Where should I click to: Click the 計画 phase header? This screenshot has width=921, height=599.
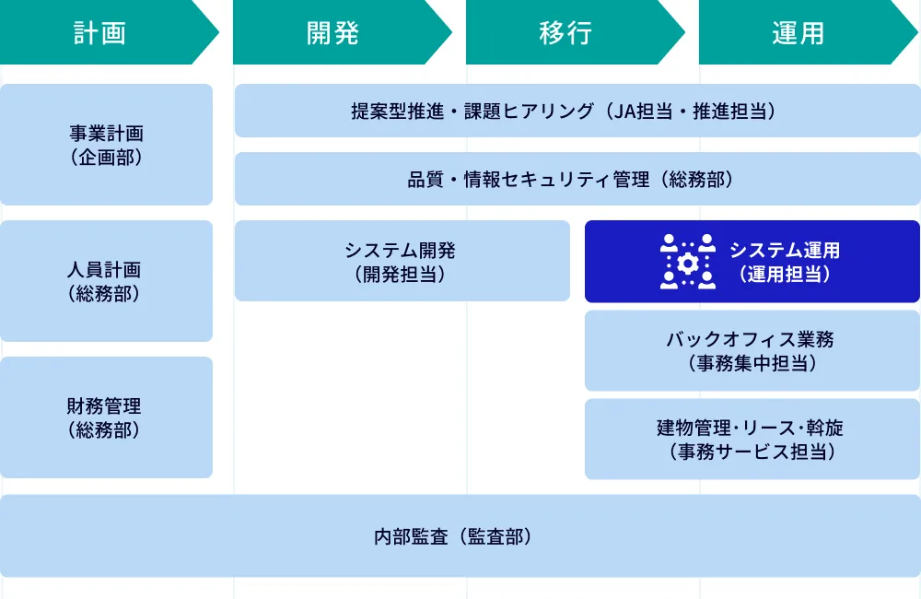[x=99, y=33]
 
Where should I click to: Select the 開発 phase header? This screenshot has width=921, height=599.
[x=332, y=33]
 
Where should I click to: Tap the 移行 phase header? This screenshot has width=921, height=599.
[x=565, y=33]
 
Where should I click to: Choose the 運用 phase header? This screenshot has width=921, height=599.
[x=799, y=33]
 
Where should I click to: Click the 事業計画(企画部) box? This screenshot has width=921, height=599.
[x=106, y=145]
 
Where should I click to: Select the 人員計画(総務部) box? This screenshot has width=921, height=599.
[x=106, y=281]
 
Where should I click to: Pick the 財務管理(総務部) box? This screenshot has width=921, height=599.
[x=106, y=417]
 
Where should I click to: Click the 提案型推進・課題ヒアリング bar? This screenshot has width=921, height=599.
[x=577, y=111]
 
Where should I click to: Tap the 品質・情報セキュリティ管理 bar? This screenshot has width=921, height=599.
[x=577, y=179]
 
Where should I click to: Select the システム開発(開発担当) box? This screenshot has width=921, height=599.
[x=402, y=261]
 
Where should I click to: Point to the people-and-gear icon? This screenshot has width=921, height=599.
[x=688, y=262]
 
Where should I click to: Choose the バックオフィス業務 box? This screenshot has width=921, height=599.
[x=752, y=350]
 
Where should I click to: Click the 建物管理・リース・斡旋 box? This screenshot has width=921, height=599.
[x=752, y=439]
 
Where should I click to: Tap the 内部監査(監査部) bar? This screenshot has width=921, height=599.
[x=460, y=536]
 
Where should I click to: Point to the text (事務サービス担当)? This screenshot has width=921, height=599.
[x=752, y=452]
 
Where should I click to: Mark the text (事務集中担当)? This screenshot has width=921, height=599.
[x=752, y=363]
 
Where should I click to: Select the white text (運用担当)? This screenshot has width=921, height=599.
[x=785, y=274]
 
